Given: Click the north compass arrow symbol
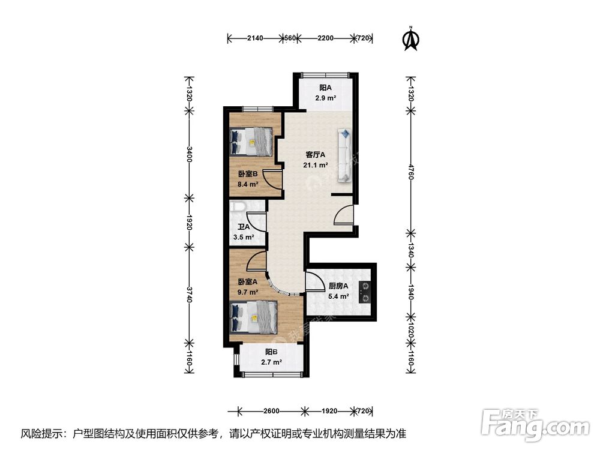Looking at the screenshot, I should coord(411,38).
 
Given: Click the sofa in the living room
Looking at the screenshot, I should coord(345,154).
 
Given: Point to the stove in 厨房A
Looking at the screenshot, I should coord(364,292).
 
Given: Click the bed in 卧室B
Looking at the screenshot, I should coord(253,142).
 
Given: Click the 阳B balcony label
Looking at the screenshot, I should coord(271,352).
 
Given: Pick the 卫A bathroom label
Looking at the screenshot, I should coord(243,227).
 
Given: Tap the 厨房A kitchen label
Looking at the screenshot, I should coord(322,286).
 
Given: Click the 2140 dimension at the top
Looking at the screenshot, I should coord(255,38).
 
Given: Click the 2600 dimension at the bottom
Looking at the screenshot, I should coord(271,411).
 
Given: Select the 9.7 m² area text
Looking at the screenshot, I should coord(248,292).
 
